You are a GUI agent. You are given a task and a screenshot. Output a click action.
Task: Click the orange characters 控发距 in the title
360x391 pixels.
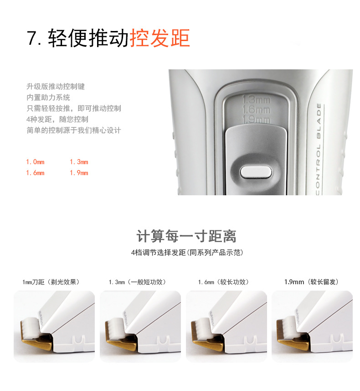(x=160, y=38)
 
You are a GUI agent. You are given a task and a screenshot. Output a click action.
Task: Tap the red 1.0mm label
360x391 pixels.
(x=36, y=162)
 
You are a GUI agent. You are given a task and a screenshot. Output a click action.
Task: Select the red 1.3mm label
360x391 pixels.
(x=79, y=162)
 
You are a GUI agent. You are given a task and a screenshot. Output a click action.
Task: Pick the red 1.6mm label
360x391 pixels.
(x=36, y=173)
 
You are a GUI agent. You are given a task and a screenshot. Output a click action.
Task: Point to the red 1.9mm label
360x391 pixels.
(x=79, y=173)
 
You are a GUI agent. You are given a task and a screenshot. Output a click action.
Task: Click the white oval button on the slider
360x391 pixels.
(x=256, y=172)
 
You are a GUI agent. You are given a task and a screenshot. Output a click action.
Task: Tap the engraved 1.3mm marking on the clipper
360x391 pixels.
(x=257, y=100)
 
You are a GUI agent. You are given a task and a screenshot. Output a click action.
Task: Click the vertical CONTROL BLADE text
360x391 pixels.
(x=319, y=149)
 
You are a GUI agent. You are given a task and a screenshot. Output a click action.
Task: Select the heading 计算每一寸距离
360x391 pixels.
(x=186, y=236)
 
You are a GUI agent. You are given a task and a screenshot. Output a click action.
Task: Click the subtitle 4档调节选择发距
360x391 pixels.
(x=159, y=253)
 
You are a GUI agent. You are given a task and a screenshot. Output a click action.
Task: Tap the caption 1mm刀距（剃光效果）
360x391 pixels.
(x=51, y=282)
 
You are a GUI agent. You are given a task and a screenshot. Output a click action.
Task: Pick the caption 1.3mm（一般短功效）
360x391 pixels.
(x=137, y=282)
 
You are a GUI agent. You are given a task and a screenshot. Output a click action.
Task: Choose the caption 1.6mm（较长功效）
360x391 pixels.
(x=223, y=282)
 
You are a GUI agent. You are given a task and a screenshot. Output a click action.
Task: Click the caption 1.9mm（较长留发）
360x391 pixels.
(x=311, y=282)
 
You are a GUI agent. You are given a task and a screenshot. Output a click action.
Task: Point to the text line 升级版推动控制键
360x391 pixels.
(x=56, y=87)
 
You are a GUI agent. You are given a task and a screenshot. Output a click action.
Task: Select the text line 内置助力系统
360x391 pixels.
(x=48, y=98)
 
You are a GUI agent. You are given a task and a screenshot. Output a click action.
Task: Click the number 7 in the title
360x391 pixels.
(x=31, y=38)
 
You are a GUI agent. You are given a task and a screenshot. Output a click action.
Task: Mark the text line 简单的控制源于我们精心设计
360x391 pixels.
(x=74, y=130)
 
